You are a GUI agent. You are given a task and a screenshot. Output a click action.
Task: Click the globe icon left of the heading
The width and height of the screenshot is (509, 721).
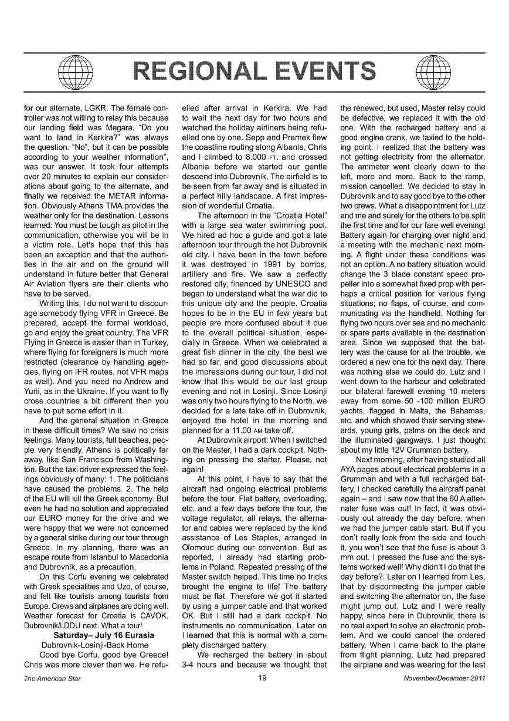tap(69, 71)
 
